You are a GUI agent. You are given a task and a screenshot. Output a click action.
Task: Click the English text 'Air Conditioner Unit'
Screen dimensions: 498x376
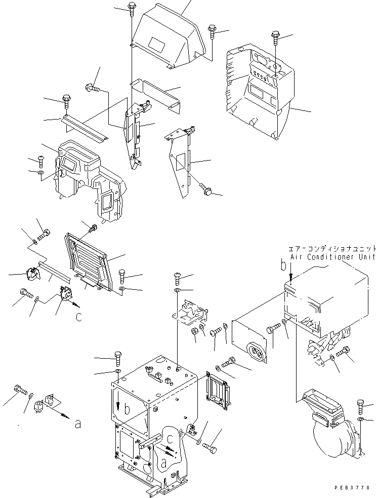pyautogui.click(x=332, y=257)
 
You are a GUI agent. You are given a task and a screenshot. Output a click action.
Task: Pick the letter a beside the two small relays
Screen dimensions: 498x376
pyautogui.click(x=77, y=424)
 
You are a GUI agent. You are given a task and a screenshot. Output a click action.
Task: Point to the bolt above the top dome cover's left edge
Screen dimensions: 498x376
pyautogui.click(x=131, y=8)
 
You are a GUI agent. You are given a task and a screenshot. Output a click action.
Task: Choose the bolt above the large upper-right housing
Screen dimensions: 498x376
pyautogui.click(x=276, y=35)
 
